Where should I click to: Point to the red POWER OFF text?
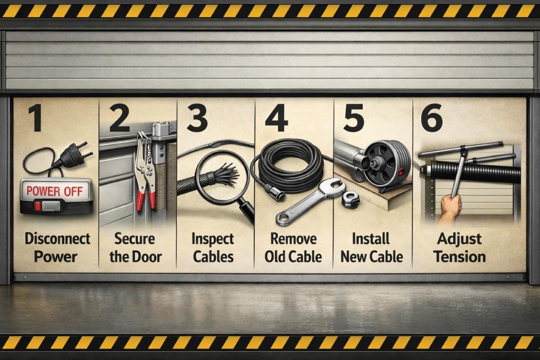(x=54, y=191)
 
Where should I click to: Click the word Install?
(x=372, y=238)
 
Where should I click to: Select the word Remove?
(x=293, y=238)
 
